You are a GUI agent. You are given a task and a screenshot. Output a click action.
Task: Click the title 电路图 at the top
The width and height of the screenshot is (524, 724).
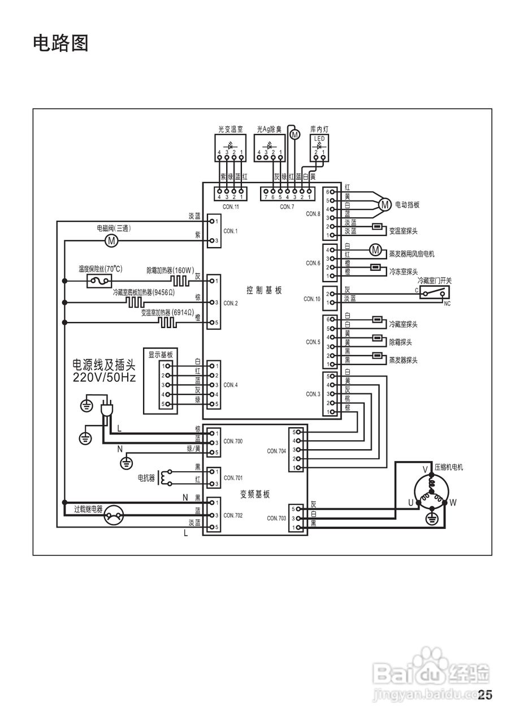pyautogui.click(x=61, y=43)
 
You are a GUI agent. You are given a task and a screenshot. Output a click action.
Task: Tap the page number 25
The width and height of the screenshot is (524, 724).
pyautogui.click(x=485, y=695)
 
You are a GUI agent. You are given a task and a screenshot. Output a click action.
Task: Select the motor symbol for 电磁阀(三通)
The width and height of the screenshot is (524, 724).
pyautogui.click(x=111, y=241)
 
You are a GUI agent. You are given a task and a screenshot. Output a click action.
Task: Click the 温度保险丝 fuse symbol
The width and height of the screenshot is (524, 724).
pyautogui.click(x=99, y=281)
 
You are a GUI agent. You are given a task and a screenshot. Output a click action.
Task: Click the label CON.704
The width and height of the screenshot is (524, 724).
pyautogui.click(x=276, y=451)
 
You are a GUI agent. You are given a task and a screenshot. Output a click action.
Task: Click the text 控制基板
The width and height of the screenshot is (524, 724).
pyautogui.click(x=264, y=290)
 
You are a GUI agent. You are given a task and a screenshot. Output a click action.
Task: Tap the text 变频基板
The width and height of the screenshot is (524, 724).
pyautogui.click(x=255, y=494)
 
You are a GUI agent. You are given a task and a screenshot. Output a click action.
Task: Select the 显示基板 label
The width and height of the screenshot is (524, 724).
pyautogui.click(x=161, y=355)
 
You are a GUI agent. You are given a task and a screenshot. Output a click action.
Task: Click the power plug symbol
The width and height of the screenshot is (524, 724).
pyautogui.click(x=105, y=411)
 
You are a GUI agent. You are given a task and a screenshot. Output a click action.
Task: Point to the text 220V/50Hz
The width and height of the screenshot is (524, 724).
pyautogui.click(x=105, y=377)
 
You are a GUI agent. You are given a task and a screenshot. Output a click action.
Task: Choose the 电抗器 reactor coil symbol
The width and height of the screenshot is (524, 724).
pyautogui.click(x=164, y=478)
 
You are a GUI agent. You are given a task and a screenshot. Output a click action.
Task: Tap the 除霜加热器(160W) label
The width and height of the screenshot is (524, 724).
pyautogui.click(x=170, y=270)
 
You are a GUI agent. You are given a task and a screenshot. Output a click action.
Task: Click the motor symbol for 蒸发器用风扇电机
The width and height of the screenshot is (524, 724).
pyautogui.click(x=375, y=249)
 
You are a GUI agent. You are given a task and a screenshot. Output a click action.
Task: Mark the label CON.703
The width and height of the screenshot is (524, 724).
pyautogui.click(x=276, y=518)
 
